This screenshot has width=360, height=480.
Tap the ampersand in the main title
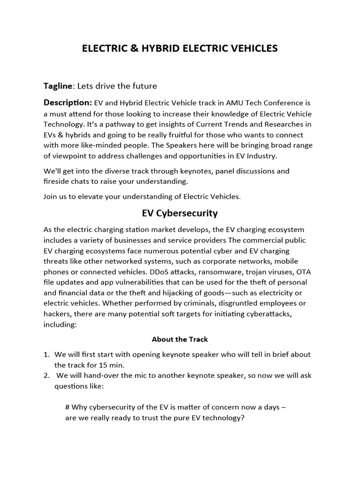[x=129, y=48]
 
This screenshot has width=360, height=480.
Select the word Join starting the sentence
[x=51, y=197]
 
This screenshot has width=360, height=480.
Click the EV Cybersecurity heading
[x=180, y=213]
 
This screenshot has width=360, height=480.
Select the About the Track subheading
[x=180, y=339]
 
